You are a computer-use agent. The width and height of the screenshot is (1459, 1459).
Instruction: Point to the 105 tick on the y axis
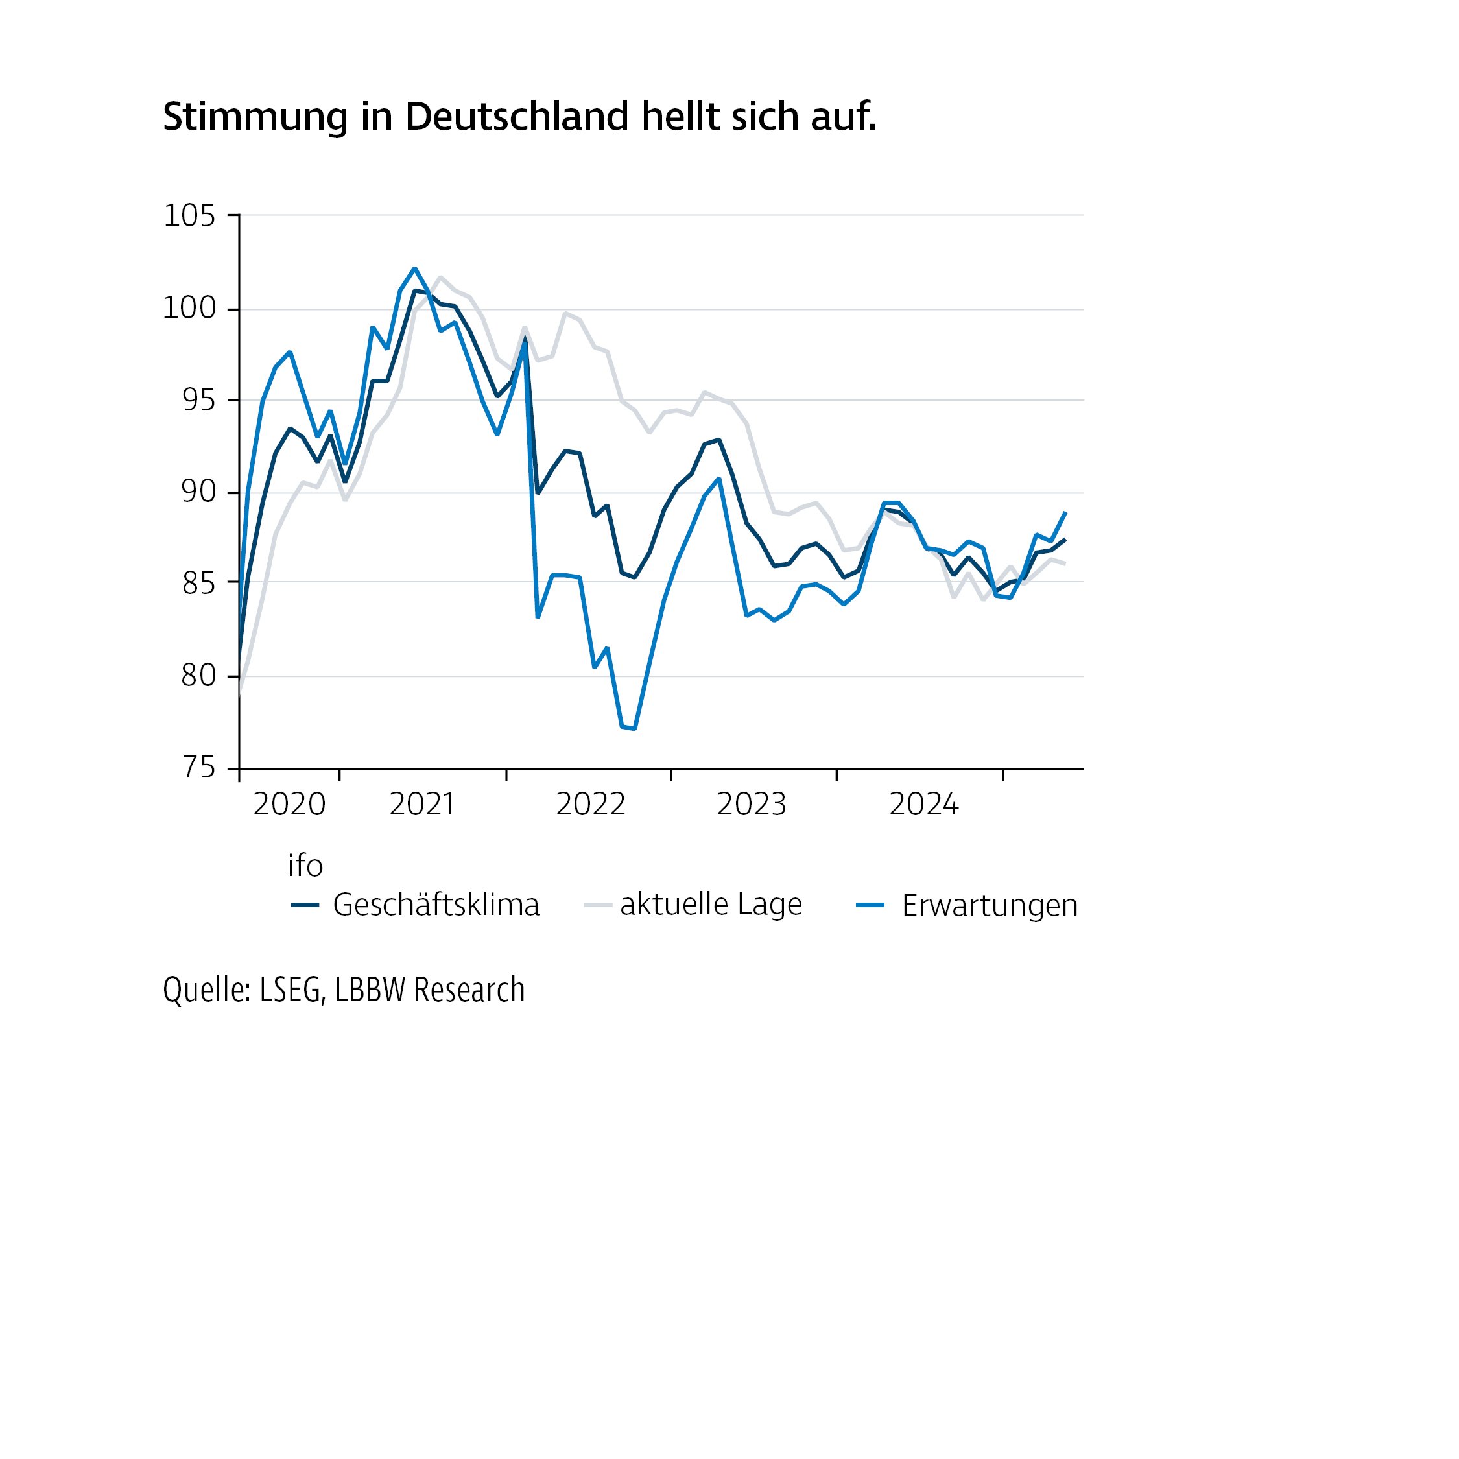pos(189,216)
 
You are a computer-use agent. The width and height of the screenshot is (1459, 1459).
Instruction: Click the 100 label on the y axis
pos(189,309)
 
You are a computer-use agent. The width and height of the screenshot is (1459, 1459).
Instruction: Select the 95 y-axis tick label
pos(198,401)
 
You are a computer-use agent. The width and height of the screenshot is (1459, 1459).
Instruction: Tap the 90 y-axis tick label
pos(198,492)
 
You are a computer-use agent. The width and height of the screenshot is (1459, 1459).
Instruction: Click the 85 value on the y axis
pos(198,584)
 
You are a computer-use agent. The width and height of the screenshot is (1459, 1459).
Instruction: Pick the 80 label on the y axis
pos(198,676)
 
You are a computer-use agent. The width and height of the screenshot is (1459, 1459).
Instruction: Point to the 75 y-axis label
pos(198,767)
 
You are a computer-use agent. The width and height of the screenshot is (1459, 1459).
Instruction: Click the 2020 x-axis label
pos(289,805)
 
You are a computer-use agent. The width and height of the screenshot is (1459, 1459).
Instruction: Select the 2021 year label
pos(421,805)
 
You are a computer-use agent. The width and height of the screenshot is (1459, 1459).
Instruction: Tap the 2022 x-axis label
pos(591,805)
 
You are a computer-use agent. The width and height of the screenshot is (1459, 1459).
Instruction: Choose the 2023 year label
pos(752,805)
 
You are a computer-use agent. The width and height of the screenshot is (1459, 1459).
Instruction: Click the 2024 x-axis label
pos(923,805)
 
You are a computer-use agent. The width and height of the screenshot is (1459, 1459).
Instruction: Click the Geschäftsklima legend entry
pos(436,905)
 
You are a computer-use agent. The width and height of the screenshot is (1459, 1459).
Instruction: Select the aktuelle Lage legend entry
pos(711,905)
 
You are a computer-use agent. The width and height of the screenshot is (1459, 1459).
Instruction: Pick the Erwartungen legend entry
pos(990,905)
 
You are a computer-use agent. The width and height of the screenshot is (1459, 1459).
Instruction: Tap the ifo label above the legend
pos(305,866)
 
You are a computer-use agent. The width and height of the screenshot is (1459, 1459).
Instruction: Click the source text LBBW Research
pos(430,990)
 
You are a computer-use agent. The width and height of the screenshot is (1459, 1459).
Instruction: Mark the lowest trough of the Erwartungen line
pos(634,729)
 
